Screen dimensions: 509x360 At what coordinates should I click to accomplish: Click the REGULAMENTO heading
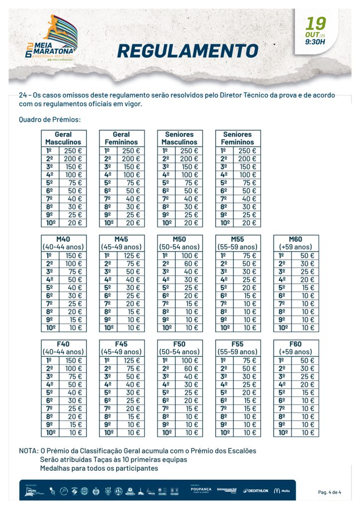[188, 51]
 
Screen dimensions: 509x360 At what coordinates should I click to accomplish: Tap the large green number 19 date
[316, 24]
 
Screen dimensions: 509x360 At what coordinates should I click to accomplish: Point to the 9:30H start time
[315, 42]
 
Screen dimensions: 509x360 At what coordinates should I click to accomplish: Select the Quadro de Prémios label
[50, 119]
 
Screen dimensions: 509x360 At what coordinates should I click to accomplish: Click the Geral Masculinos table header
[63, 138]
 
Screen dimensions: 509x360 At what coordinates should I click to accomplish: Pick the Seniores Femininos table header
[238, 138]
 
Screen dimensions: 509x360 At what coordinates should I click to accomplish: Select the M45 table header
[121, 243]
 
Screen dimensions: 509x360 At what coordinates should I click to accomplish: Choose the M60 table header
[296, 243]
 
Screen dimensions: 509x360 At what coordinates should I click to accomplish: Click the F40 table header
[63, 348]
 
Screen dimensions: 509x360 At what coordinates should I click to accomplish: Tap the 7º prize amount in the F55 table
[248, 409]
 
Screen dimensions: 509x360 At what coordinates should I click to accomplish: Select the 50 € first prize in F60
[306, 360]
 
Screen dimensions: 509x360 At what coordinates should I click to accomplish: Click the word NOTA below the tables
[28, 451]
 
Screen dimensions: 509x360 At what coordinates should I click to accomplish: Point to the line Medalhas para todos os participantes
[99, 468]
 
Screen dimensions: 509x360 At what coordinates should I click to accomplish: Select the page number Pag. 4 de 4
[330, 492]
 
